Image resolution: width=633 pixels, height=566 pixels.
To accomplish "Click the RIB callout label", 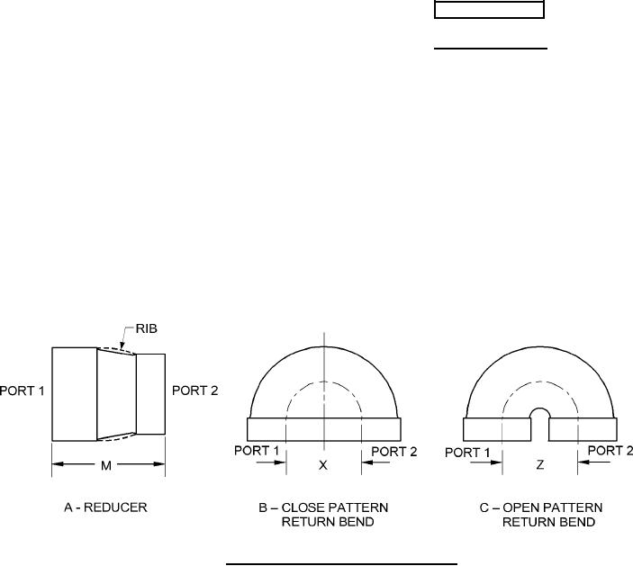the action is [x=146, y=328].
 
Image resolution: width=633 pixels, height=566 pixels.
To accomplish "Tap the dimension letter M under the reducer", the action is [x=106, y=466].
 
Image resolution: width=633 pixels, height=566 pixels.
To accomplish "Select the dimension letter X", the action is [x=323, y=465].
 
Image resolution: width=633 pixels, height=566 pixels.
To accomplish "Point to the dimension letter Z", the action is [x=540, y=465].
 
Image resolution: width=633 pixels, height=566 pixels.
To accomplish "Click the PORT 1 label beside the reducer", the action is [x=22, y=391].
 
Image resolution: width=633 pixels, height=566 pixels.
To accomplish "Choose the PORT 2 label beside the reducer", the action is [x=195, y=391].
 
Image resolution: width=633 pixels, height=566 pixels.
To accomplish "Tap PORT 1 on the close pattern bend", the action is [x=257, y=451].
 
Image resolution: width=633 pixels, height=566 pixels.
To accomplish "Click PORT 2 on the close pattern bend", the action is [x=394, y=452].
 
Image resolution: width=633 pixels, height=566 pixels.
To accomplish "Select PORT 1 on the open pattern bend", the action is [x=467, y=453].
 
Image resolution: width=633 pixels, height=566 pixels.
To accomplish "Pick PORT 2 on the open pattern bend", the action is [x=610, y=451].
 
